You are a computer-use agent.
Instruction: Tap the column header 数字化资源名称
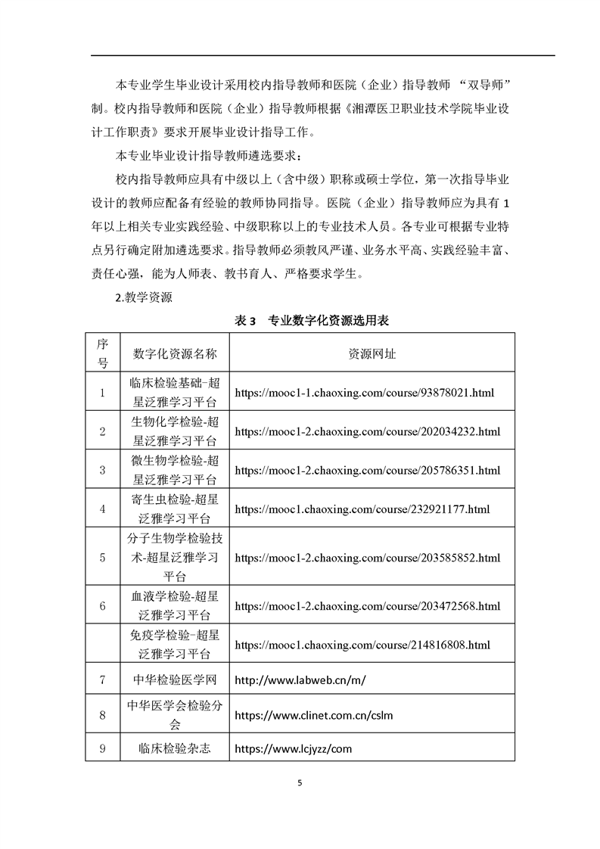175,353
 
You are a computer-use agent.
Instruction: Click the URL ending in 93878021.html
365,393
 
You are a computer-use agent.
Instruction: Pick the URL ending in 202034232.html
368,431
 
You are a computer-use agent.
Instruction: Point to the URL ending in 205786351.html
368,470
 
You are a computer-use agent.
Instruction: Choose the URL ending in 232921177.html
362,509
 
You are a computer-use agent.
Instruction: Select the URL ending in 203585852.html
368,558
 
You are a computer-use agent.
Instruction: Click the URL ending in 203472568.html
368,606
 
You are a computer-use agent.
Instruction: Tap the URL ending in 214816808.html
362,645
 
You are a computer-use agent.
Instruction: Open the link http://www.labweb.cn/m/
300,680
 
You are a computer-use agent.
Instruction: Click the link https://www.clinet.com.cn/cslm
314,714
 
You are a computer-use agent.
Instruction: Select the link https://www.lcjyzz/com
294,748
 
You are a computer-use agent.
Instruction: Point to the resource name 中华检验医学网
175,680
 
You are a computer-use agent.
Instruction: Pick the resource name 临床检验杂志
175,748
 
